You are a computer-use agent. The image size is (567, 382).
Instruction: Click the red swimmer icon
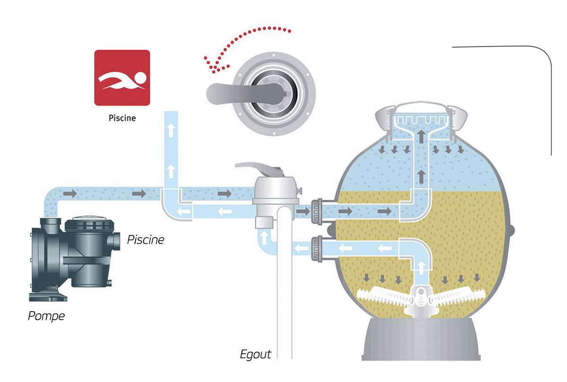pyautogui.click(x=122, y=78)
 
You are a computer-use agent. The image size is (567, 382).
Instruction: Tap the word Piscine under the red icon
pyautogui.click(x=122, y=118)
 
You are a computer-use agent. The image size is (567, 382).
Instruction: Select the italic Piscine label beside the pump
pyautogui.click(x=146, y=240)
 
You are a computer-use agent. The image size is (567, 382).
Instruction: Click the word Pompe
pyautogui.click(x=46, y=316)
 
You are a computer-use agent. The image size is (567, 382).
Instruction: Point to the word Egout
pyautogui.click(x=256, y=354)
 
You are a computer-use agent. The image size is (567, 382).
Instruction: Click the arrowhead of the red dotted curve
pyautogui.click(x=210, y=66)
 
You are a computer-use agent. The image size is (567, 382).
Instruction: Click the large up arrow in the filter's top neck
pyautogui.click(x=420, y=136)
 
